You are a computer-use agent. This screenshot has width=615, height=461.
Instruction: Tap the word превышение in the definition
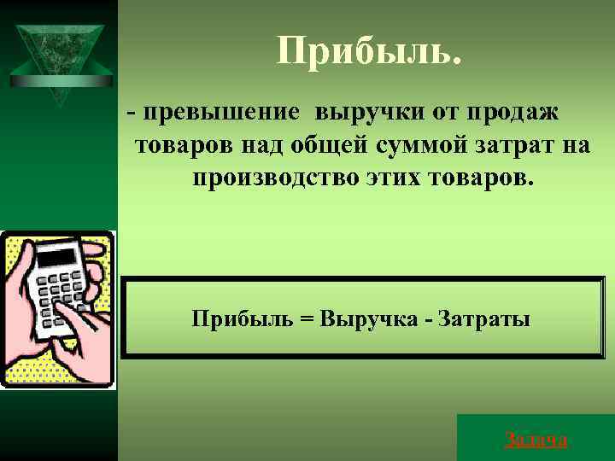(x=222, y=112)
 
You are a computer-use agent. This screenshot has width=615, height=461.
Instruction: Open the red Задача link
(x=536, y=440)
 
